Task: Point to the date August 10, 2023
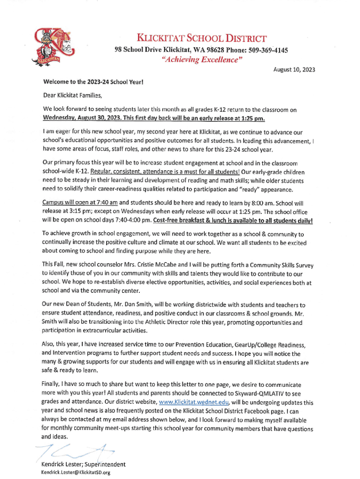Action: pos(294,70)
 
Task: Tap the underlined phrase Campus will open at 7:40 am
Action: pos(79,203)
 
